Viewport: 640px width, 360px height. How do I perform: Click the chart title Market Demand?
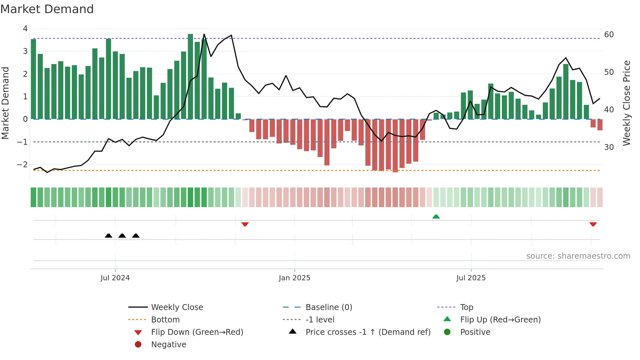coord(47,9)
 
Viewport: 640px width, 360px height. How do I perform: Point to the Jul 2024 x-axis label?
coord(115,278)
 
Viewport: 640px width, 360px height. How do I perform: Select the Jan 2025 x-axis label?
coord(295,278)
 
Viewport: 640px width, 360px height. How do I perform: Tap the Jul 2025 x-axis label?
coord(471,278)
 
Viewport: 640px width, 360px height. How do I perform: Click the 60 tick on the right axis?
coord(609,35)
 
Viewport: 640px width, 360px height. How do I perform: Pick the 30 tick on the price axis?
coord(609,147)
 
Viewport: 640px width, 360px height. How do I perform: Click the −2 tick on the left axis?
coord(22,165)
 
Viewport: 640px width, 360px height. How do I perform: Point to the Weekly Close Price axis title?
coord(626,103)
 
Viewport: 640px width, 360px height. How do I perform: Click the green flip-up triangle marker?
coord(436,217)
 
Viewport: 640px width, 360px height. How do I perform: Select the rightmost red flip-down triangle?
coord(593,224)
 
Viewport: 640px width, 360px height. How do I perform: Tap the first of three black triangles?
coord(108,236)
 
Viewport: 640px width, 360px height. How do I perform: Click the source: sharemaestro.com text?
coord(578,256)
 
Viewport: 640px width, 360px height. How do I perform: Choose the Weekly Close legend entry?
coord(177,307)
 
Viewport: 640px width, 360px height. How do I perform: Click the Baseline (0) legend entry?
coord(328,307)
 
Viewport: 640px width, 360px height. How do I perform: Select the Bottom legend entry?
coord(165,320)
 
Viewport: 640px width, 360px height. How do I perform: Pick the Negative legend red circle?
coord(138,345)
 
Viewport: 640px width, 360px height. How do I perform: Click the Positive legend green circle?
coord(447,332)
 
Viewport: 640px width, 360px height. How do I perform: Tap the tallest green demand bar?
coord(190,77)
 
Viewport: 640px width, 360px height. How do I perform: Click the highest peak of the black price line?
coord(204,34)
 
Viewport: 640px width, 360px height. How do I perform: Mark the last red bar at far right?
coord(600,125)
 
